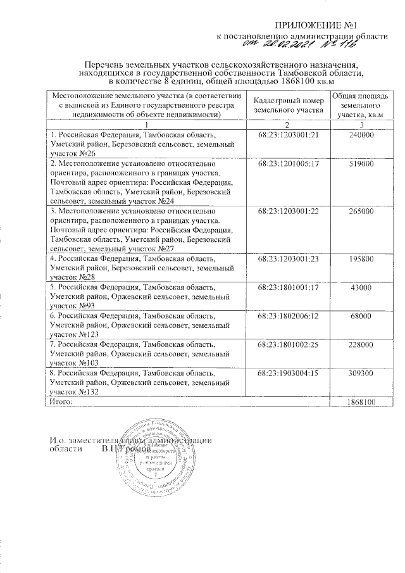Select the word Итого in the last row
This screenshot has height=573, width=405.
tap(61, 402)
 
